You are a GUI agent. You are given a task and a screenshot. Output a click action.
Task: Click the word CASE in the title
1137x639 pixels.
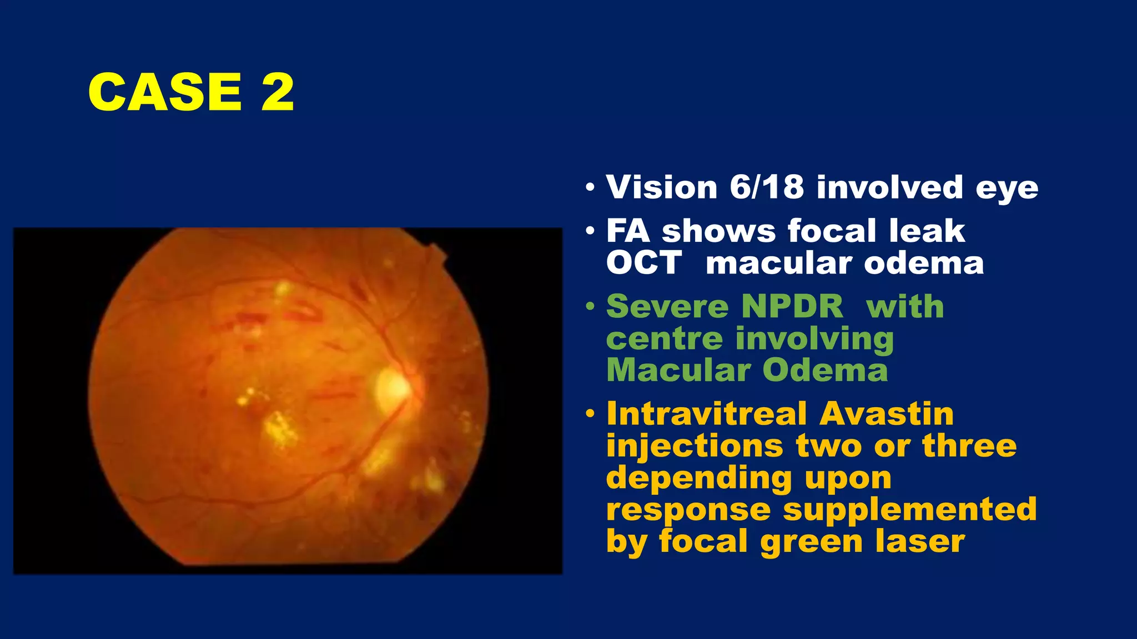pos(165,92)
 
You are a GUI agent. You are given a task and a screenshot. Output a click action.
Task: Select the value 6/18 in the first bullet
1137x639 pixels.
pos(767,187)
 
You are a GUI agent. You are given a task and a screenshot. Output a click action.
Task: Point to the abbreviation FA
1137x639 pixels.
pos(628,231)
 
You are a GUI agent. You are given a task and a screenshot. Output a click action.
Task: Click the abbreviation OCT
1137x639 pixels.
pos(643,262)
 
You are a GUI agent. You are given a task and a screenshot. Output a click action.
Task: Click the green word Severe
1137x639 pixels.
pos(667,306)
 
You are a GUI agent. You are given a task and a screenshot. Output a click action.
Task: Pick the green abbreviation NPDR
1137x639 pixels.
pos(792,306)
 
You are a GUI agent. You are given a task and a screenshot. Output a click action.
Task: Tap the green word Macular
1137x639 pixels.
pos(677,370)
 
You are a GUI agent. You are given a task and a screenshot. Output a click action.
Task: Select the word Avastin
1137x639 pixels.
pos(886,414)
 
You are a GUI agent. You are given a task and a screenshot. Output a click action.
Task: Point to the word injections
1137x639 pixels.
pos(694,447)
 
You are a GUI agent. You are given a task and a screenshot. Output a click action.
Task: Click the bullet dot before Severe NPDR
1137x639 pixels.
pos(590,306)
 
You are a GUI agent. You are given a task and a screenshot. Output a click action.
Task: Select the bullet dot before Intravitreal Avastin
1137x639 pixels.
pos(590,414)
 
